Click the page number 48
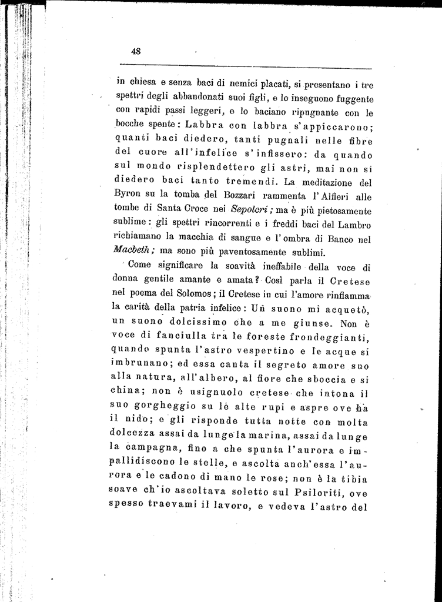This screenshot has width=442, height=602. pyautogui.click(x=136, y=51)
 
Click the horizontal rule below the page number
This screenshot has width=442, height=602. pyautogui.click(x=245, y=66)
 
